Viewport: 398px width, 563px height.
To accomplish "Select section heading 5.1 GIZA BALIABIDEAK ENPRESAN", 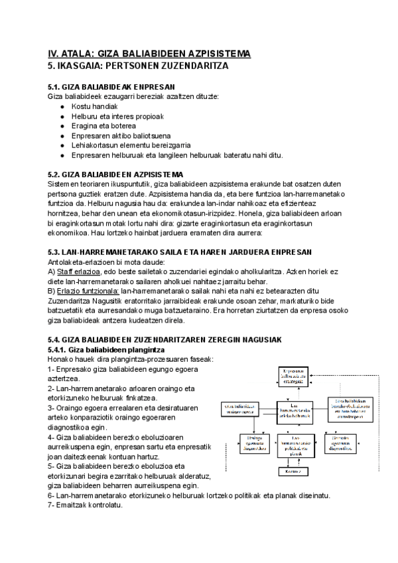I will [x=111, y=87].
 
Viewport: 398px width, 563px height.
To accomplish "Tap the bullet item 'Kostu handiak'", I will [x=94, y=106].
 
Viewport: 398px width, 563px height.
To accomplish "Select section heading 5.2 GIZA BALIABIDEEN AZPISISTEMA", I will [x=117, y=175].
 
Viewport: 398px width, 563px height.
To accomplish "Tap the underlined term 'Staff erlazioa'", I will [x=79, y=272].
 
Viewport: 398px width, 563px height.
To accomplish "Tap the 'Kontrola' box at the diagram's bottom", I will [x=297, y=471].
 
